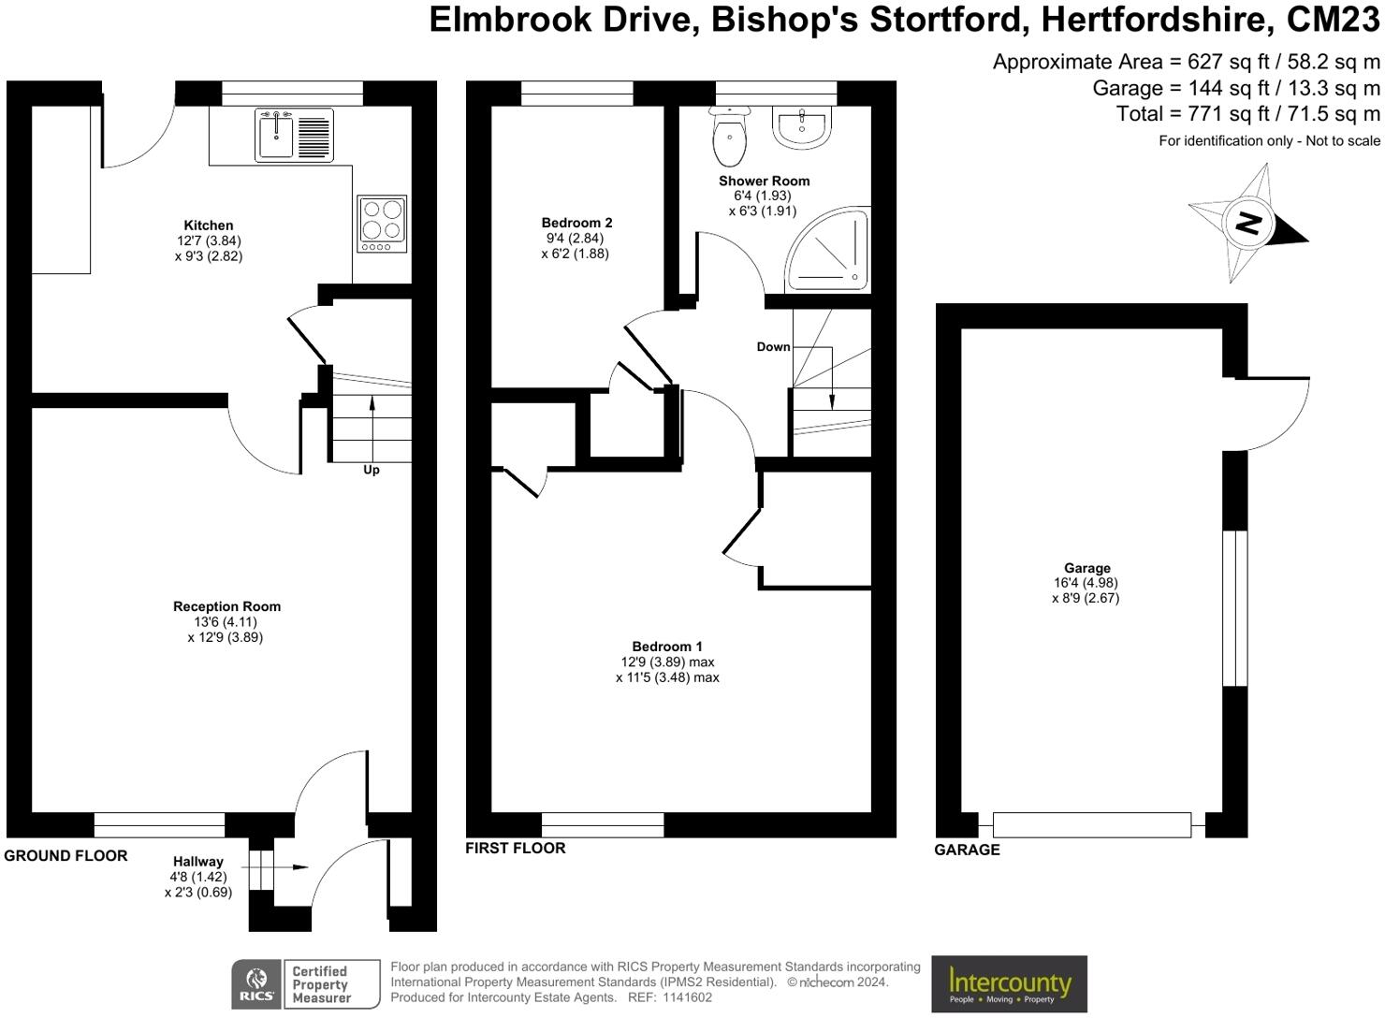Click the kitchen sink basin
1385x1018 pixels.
(276, 136)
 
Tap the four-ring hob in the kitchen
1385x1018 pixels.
(382, 224)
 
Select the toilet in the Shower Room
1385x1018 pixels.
(730, 136)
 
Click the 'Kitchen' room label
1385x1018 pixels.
(209, 225)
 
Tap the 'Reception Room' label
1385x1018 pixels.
(226, 606)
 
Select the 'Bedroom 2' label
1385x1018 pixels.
(576, 223)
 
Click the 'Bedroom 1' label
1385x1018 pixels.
(667, 647)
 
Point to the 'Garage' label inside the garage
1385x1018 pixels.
(1087, 568)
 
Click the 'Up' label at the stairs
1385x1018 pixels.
(371, 471)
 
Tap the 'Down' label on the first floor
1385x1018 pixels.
(774, 347)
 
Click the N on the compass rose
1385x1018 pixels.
(1247, 223)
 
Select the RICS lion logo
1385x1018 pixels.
(256, 983)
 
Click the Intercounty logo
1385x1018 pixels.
(1009, 984)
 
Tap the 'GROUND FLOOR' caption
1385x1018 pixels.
(66, 856)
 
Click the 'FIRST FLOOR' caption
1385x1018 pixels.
(515, 848)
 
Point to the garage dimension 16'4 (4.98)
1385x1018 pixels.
(1086, 583)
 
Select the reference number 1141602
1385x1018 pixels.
(688, 997)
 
